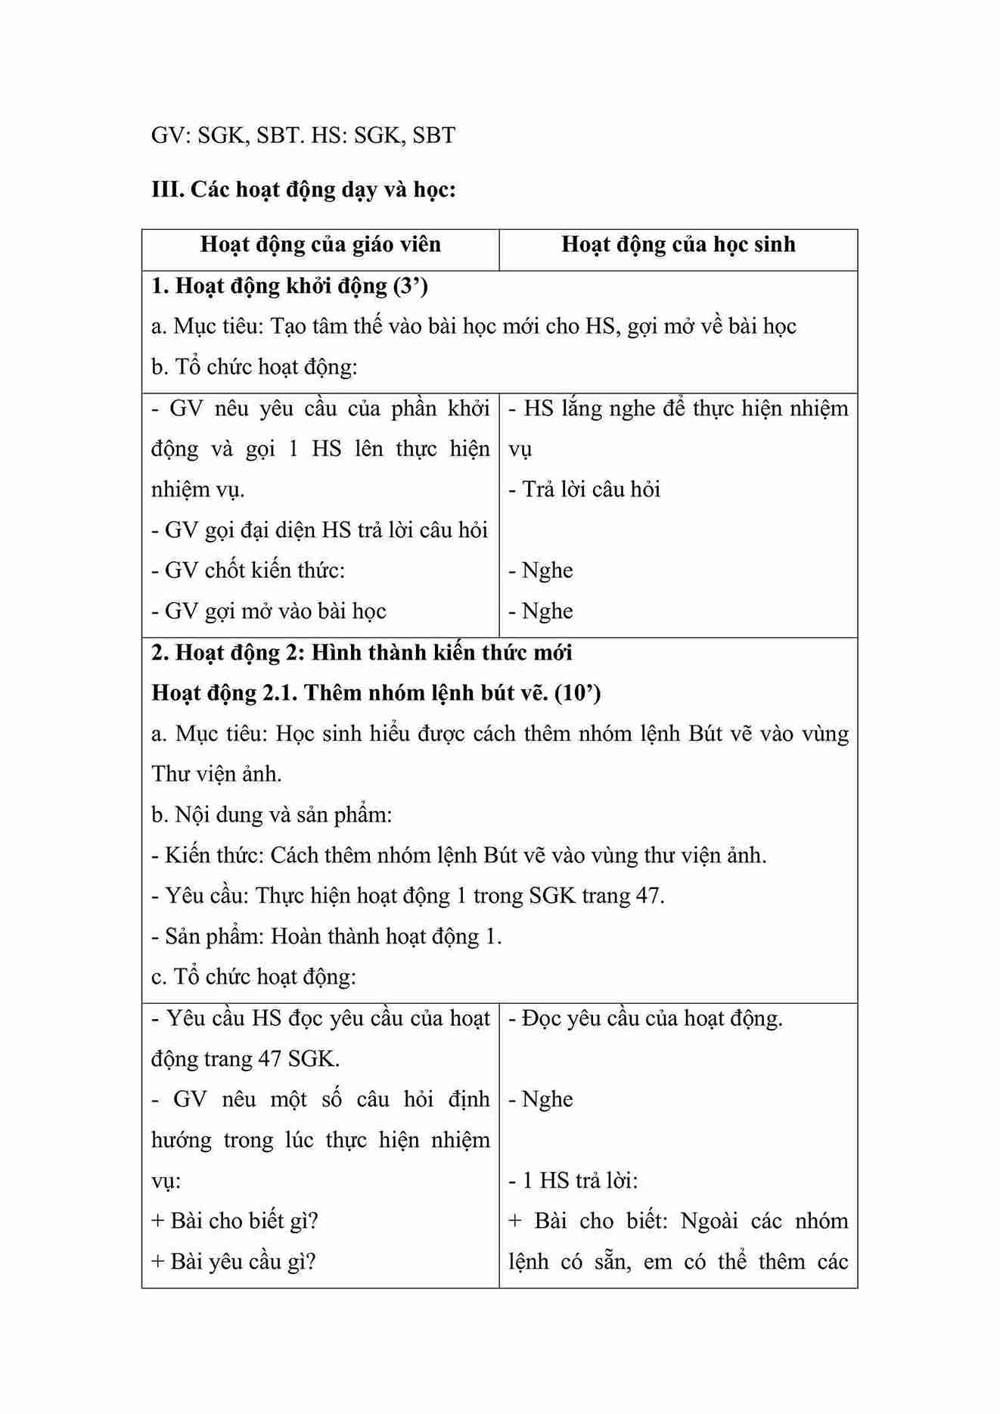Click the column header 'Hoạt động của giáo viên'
(x=320, y=244)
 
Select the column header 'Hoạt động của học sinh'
(x=678, y=244)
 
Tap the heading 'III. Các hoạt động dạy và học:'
(x=303, y=189)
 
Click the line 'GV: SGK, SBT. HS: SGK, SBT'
(x=303, y=135)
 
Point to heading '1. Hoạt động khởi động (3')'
(x=290, y=286)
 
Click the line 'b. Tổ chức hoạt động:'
(x=254, y=367)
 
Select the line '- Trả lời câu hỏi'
(x=584, y=489)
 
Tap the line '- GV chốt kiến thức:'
(x=248, y=570)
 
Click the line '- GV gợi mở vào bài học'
(x=269, y=611)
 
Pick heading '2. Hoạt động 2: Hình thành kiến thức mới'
(x=362, y=652)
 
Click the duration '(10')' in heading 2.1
(x=577, y=693)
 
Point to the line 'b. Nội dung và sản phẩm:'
(x=272, y=815)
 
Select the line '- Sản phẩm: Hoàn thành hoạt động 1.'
(x=327, y=937)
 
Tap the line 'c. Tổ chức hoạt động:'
(x=253, y=977)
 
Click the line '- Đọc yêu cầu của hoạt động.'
(x=645, y=1019)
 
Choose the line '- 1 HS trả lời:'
(x=573, y=1181)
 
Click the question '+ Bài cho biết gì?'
(x=234, y=1221)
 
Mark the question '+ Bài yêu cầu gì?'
(x=233, y=1262)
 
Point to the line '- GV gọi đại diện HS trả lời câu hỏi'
(x=319, y=530)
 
